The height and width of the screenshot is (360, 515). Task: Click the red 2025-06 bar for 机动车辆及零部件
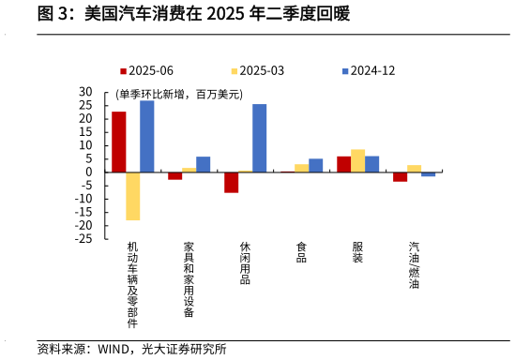pyautogui.click(x=118, y=142)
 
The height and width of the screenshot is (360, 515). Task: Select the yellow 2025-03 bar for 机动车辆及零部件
pyautogui.click(x=132, y=196)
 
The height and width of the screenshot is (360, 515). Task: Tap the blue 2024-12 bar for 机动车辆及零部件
pyautogui.click(x=146, y=136)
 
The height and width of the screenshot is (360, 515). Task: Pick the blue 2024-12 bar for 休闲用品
pyautogui.click(x=259, y=138)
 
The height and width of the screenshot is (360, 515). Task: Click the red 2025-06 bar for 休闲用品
pyautogui.click(x=231, y=182)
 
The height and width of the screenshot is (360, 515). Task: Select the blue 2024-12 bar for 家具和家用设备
pyautogui.click(x=203, y=164)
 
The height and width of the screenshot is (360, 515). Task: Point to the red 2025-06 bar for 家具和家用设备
pyautogui.click(x=174, y=175)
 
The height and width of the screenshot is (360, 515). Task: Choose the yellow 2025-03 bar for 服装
pyautogui.click(x=357, y=160)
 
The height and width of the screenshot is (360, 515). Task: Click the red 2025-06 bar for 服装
pyautogui.click(x=343, y=164)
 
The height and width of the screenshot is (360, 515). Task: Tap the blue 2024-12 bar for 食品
pyautogui.click(x=315, y=165)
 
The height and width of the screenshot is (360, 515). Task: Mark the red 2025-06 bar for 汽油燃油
pyautogui.click(x=400, y=176)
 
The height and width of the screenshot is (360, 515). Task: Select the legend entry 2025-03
pyautogui.click(x=262, y=70)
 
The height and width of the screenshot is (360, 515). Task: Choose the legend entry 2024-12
pyautogui.click(x=372, y=70)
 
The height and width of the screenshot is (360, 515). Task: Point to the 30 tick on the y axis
pyautogui.click(x=86, y=92)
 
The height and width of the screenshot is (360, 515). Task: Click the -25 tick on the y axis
pyautogui.click(x=84, y=239)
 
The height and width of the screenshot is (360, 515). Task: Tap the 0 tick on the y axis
pyautogui.click(x=90, y=172)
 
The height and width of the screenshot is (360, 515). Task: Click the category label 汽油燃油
pyautogui.click(x=414, y=265)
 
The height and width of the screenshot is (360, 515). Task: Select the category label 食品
pyautogui.click(x=301, y=252)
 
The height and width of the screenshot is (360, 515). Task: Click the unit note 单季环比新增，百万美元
pyautogui.click(x=179, y=95)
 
